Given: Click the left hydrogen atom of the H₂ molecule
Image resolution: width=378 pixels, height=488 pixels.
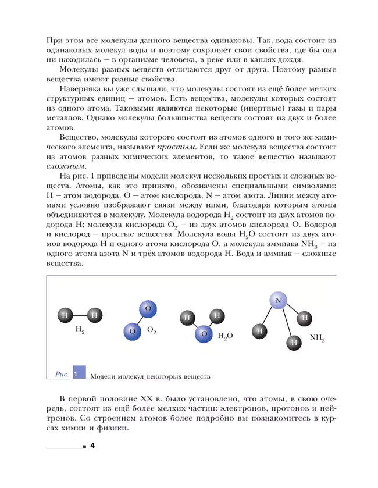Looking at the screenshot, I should (x=65, y=315).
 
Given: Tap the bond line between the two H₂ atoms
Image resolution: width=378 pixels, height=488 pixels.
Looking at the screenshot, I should (x=80, y=315).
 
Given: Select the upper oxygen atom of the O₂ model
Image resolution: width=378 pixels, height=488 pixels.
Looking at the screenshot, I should (x=148, y=308).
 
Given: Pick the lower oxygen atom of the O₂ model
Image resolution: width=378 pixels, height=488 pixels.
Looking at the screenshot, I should (x=132, y=331).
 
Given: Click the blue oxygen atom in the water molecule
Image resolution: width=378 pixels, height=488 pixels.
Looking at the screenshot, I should (x=204, y=333).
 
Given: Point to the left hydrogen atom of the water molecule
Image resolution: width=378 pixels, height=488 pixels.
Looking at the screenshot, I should (x=187, y=318).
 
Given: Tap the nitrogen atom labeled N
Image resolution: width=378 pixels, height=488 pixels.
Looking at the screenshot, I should (x=278, y=300).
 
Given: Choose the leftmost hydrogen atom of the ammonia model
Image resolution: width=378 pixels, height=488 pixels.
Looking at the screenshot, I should (x=259, y=330).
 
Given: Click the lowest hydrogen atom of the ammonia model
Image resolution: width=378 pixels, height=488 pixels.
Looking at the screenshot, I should (x=294, y=342).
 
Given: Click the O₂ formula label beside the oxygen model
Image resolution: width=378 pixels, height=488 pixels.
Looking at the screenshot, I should (x=151, y=330).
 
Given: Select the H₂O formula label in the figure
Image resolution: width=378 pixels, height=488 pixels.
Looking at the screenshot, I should (x=225, y=336).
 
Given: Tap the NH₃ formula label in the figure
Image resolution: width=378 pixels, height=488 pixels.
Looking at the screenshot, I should (x=317, y=337).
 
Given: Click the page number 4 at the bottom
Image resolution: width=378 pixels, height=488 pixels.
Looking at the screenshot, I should (x=92, y=446).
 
